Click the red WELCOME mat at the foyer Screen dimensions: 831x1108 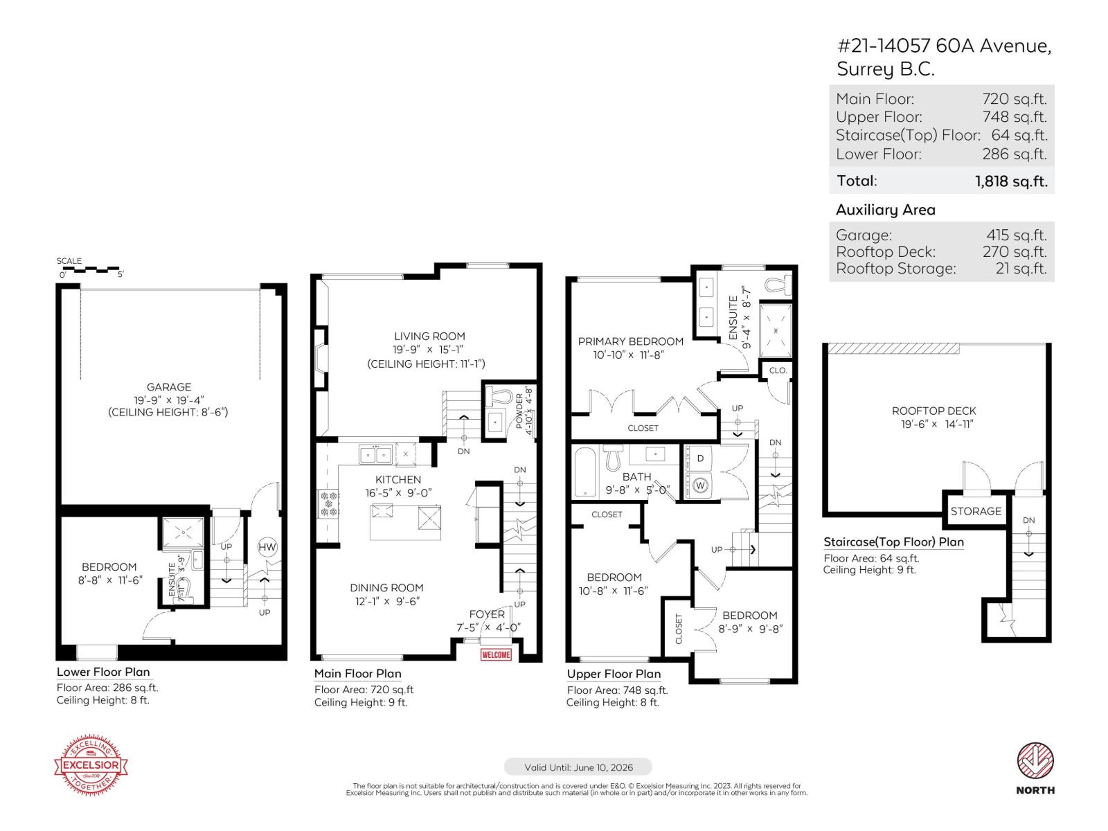pyautogui.click(x=496, y=654)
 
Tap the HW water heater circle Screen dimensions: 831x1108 pyautogui.click(x=267, y=547)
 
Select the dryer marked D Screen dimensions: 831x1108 pyautogui.click(x=699, y=458)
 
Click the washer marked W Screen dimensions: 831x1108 pyautogui.click(x=699, y=485)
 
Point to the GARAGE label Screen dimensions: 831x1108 pyautogui.click(x=169, y=387)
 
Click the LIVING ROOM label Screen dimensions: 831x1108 pyautogui.click(x=429, y=336)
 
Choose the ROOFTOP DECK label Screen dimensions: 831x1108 pyautogui.click(x=933, y=411)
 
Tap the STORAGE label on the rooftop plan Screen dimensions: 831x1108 pyautogui.click(x=976, y=511)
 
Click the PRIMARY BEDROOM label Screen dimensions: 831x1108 pyautogui.click(x=630, y=341)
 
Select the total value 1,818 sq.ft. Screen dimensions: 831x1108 pyautogui.click(x=1011, y=181)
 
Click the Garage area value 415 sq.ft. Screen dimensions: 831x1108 pyautogui.click(x=1016, y=235)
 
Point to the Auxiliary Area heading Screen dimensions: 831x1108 pyautogui.click(x=885, y=210)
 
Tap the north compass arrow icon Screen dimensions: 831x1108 pyautogui.click(x=1035, y=760)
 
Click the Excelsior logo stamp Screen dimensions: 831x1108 pyautogui.click(x=91, y=765)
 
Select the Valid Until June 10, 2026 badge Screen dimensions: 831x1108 pyautogui.click(x=578, y=767)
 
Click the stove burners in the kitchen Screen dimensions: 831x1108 pyautogui.click(x=328, y=503)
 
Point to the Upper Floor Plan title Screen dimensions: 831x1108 pyautogui.click(x=614, y=674)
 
